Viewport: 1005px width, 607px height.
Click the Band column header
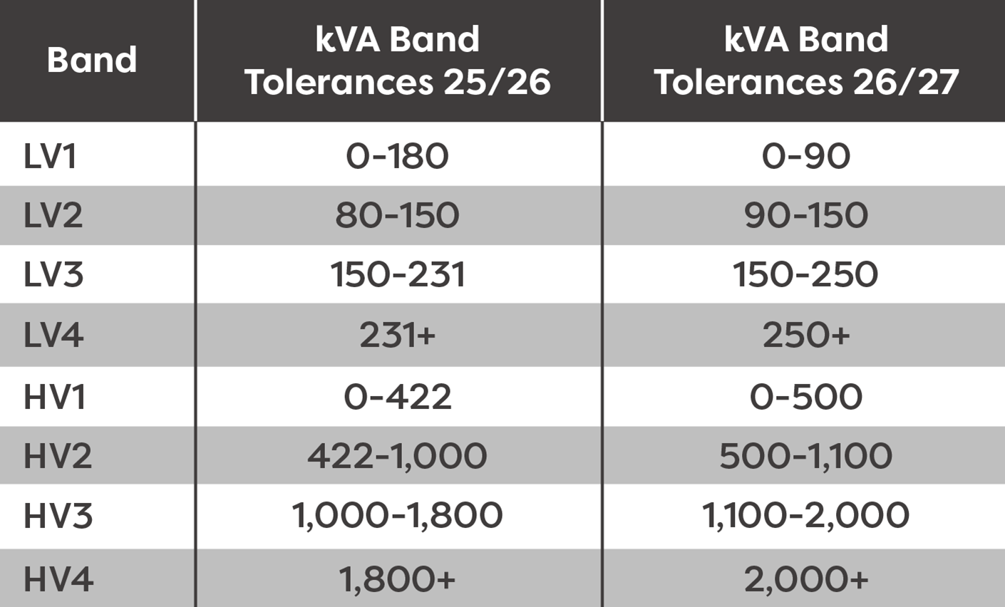92,60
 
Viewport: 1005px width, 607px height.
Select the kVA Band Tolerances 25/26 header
398,61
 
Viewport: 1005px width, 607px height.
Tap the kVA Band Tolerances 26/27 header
806,61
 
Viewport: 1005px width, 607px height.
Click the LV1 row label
50,156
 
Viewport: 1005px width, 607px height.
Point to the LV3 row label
53,274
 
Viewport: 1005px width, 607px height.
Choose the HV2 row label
58,456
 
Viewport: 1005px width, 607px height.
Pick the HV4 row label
58,579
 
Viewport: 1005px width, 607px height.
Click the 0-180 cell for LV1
398,156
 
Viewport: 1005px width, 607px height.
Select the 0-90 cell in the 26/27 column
806,156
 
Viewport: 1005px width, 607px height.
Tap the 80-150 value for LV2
398,215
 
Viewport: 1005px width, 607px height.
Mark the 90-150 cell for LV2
806,215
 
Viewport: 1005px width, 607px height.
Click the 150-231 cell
398,274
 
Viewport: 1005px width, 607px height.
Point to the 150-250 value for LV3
806,274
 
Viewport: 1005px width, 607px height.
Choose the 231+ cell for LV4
398,335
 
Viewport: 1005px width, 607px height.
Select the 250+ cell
806,335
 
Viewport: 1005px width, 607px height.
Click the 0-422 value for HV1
398,396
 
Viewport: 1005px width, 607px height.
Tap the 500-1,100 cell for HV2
806,456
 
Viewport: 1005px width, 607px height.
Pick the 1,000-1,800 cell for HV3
398,515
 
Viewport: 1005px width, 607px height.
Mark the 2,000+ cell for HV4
806,579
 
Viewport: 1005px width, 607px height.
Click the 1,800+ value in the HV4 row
398,579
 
